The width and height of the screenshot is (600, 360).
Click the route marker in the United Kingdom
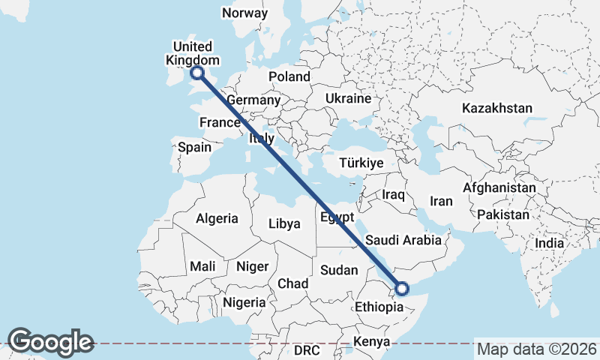(x=197, y=73)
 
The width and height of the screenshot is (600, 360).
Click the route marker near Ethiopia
(x=402, y=288)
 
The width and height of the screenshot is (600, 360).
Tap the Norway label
(x=244, y=13)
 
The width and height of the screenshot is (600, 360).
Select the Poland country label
(x=289, y=76)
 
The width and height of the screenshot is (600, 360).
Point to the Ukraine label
(x=348, y=98)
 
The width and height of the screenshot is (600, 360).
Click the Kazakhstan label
(x=497, y=108)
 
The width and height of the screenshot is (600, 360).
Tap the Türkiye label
(x=361, y=163)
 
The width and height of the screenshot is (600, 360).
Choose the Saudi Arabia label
(x=405, y=241)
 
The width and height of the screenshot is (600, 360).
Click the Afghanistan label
(x=500, y=187)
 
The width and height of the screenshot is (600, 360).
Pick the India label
(x=550, y=244)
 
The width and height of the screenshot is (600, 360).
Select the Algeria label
(x=217, y=219)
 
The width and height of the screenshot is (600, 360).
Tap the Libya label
(x=284, y=223)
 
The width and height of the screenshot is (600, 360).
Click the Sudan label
(x=339, y=269)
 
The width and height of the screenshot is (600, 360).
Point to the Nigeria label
(x=244, y=302)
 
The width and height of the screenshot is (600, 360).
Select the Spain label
(x=194, y=147)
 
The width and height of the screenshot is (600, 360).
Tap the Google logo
(x=50, y=342)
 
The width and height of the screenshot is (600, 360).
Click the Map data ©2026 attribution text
(x=537, y=349)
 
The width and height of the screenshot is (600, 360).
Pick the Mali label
(x=202, y=266)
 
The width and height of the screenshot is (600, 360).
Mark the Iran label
(x=441, y=201)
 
